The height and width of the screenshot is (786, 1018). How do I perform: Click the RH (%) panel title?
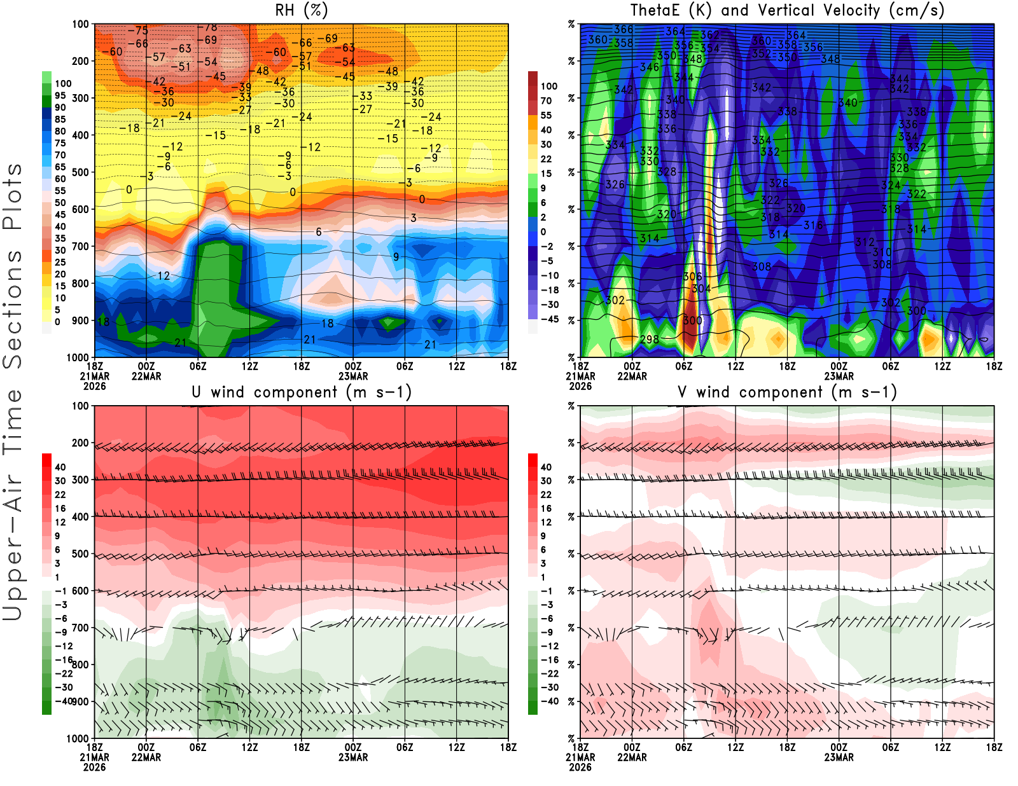301,10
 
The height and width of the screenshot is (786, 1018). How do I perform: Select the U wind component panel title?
301,392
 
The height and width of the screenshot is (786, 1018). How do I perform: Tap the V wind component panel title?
787,392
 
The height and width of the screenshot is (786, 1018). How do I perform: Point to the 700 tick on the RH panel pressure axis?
81,246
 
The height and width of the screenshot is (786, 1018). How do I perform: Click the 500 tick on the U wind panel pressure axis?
81,554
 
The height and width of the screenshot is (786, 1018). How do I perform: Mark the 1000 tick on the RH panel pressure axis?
78,357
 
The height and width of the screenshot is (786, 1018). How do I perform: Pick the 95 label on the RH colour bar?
60,95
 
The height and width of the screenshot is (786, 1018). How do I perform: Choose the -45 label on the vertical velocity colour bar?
550,319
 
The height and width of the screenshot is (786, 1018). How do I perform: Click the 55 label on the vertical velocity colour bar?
546,115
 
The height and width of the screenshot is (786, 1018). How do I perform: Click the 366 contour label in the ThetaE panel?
624,29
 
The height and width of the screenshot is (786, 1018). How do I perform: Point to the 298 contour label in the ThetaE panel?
650,339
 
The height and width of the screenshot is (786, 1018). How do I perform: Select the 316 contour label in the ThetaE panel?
813,225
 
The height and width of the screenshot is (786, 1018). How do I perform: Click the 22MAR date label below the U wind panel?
146,757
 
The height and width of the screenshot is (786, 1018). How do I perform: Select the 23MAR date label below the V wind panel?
839,757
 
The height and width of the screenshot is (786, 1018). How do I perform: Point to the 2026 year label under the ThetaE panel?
580,386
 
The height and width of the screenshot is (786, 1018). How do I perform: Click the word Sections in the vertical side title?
13,309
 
